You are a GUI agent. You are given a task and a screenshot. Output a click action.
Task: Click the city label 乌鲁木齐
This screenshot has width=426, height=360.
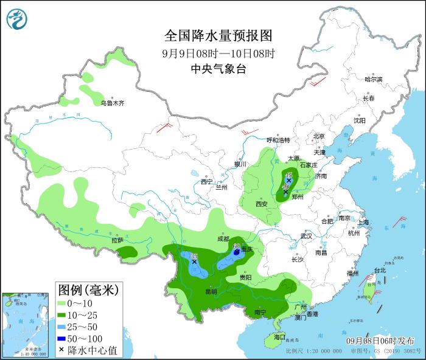(x=113, y=103)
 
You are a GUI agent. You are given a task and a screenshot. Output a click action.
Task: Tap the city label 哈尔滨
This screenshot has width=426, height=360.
(x=373, y=80)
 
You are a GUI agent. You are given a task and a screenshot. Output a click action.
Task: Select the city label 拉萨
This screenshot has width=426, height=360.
(x=117, y=241)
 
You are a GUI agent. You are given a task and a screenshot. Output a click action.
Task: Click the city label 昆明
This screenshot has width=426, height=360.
(x=211, y=291)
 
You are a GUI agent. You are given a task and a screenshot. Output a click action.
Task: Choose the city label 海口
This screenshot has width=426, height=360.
(x=279, y=337)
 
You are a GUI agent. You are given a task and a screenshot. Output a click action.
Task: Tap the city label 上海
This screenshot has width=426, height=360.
(x=364, y=223)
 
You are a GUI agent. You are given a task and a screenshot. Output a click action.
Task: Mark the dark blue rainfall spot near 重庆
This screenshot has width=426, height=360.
(x=237, y=251)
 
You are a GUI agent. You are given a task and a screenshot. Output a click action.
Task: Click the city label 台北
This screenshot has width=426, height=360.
(x=379, y=270)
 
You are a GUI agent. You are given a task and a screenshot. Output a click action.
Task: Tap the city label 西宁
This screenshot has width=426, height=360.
(x=207, y=182)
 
